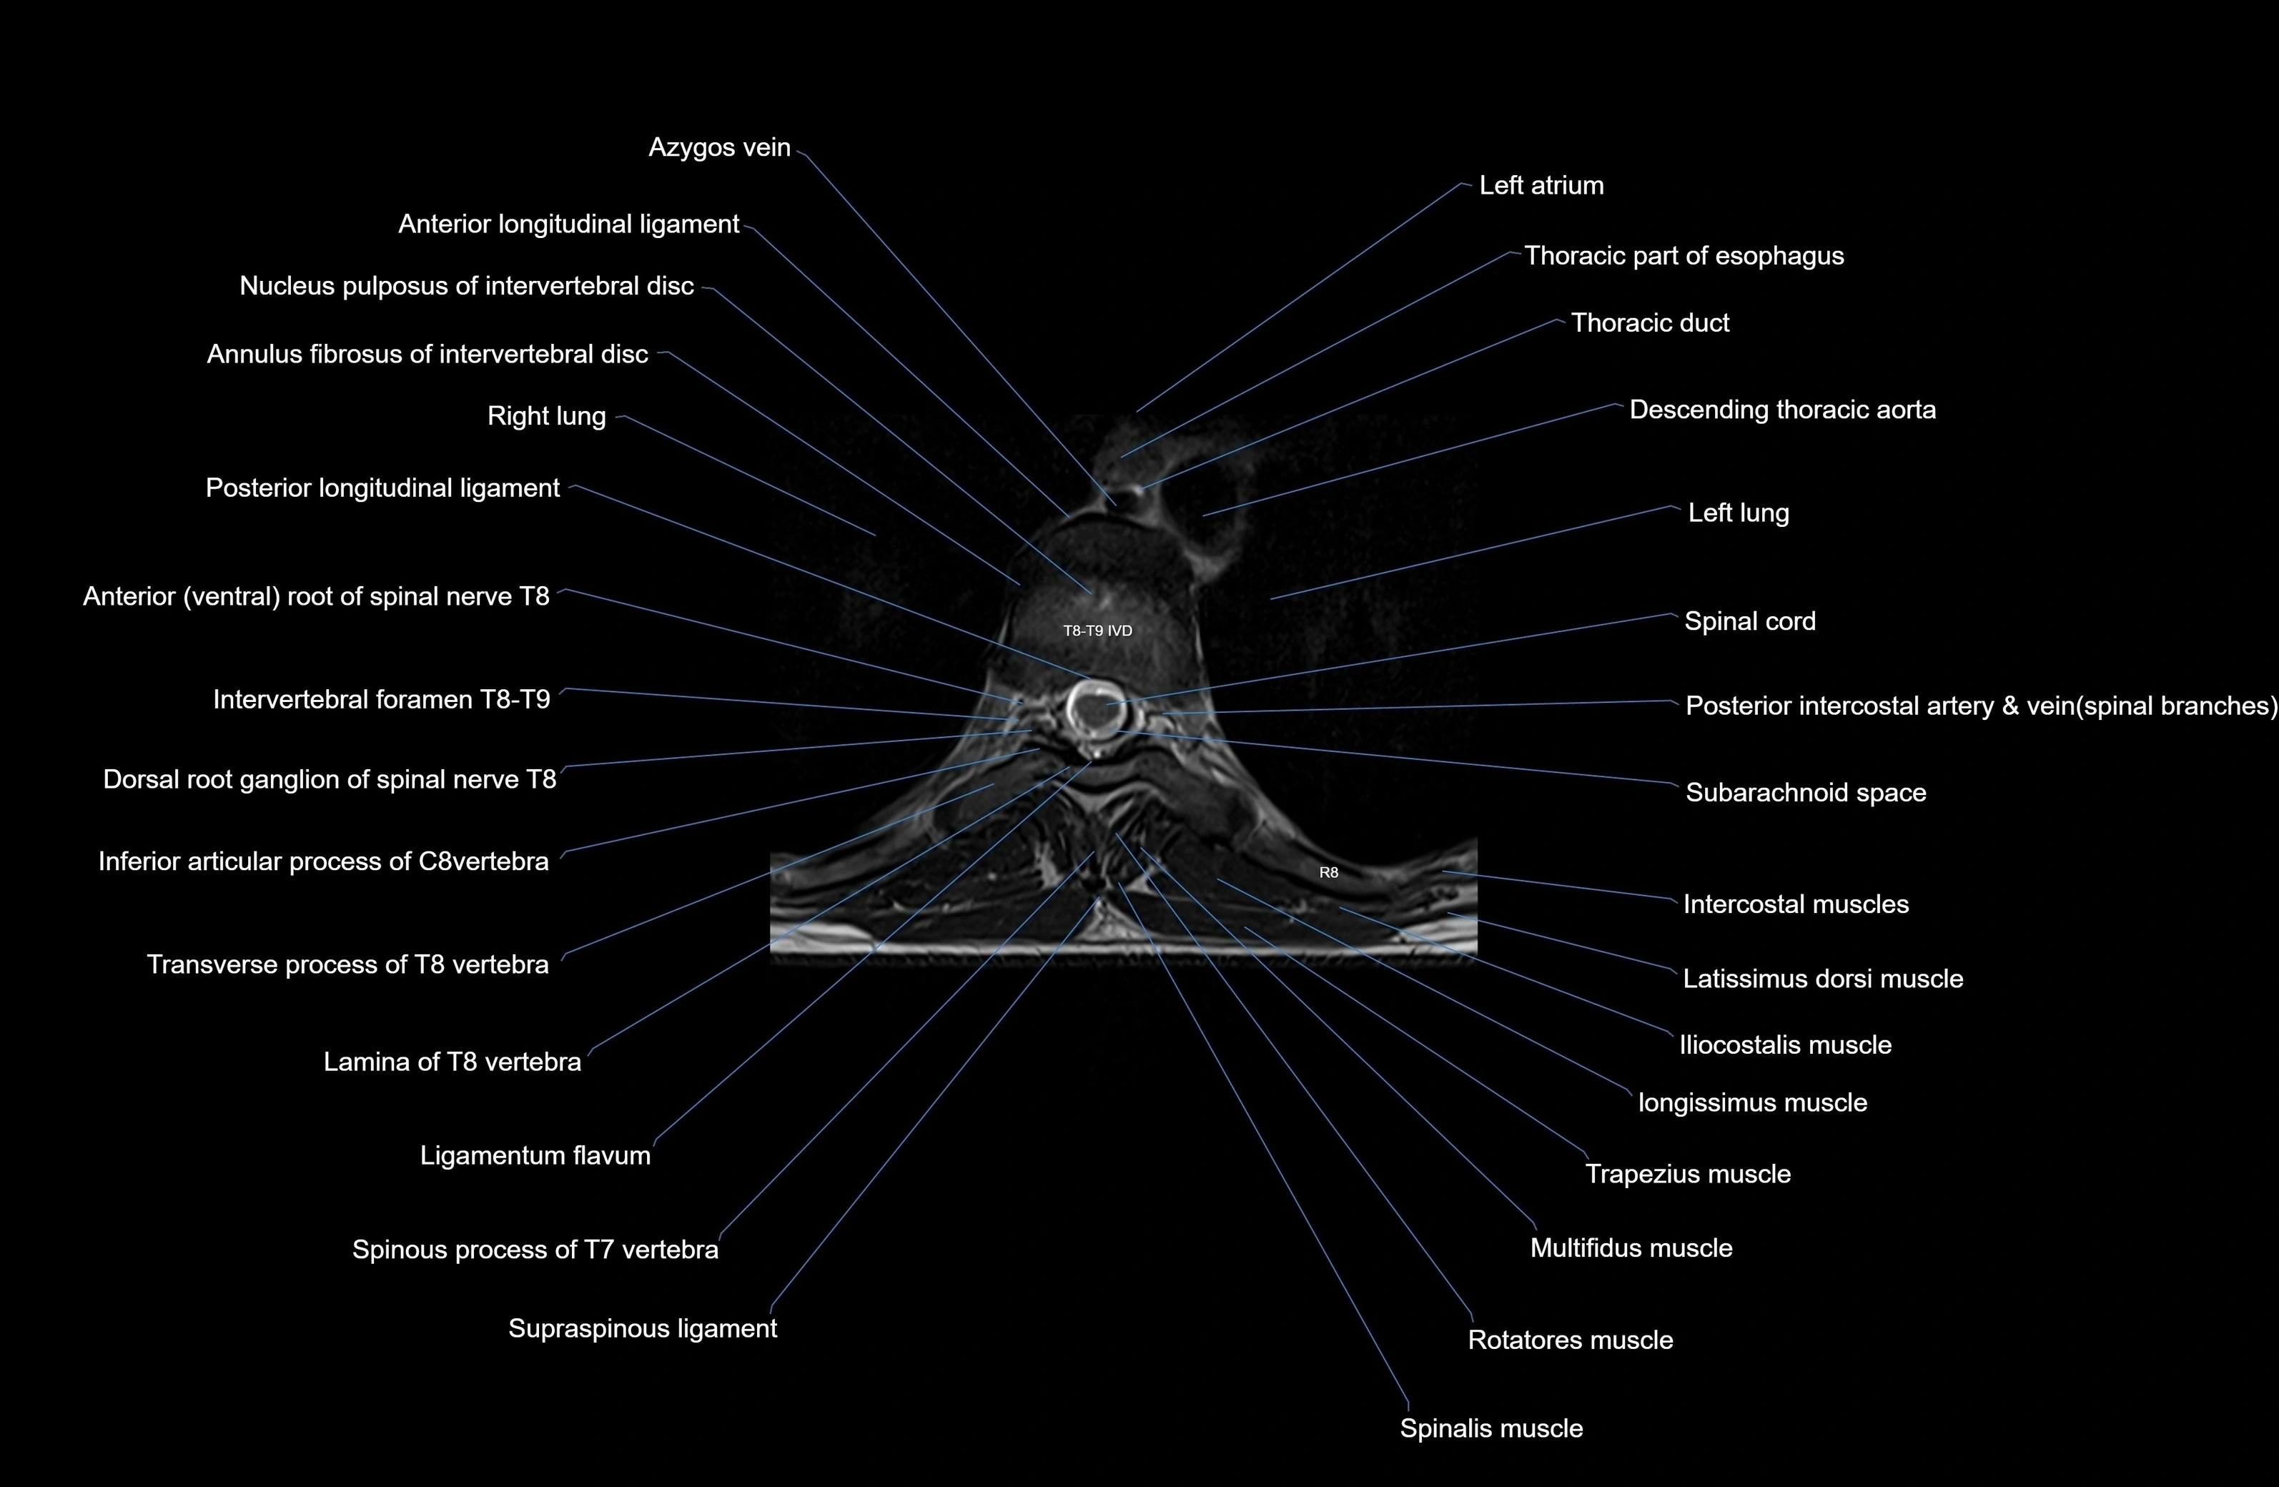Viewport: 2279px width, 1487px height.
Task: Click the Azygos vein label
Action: point(719,147)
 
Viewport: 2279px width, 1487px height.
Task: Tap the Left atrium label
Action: point(1541,186)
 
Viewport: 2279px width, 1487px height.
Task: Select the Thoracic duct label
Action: point(1650,322)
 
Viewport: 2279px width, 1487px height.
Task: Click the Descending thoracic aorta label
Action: point(1782,410)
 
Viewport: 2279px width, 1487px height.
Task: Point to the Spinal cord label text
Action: point(1749,621)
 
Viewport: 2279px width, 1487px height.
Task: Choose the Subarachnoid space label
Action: point(1805,793)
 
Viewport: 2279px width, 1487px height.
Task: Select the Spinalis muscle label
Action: point(1491,1428)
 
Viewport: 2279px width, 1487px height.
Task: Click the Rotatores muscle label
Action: point(1571,1340)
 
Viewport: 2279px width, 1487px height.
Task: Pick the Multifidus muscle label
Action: point(1631,1249)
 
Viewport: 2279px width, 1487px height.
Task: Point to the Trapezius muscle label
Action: point(1687,1175)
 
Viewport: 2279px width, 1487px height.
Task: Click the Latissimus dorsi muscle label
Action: point(1822,979)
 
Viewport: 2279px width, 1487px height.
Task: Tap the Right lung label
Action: point(546,417)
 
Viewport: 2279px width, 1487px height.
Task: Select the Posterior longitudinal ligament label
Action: point(382,488)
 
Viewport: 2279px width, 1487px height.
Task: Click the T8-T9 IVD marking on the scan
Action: point(1097,631)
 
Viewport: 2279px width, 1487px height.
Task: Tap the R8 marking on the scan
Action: point(1328,872)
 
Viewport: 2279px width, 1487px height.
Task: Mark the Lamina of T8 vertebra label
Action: point(452,1062)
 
